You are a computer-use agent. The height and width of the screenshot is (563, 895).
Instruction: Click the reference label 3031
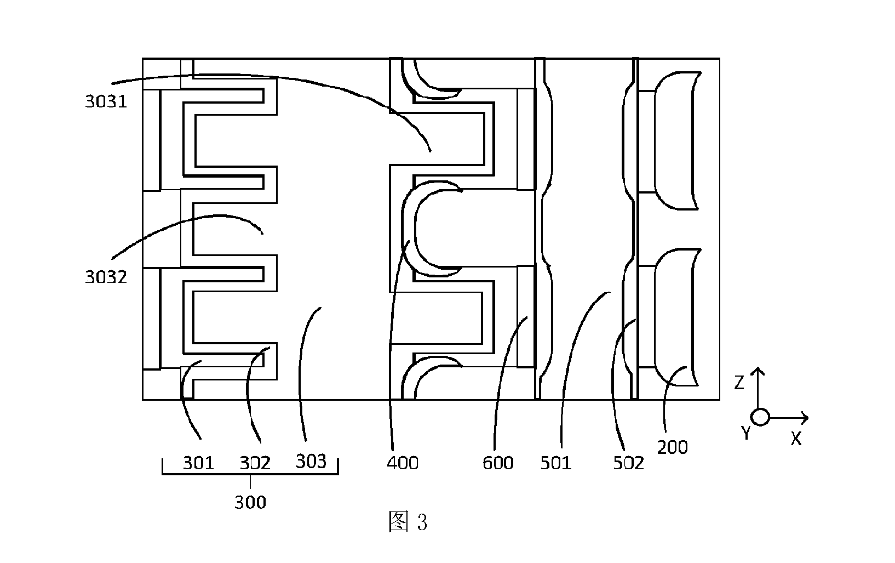point(106,101)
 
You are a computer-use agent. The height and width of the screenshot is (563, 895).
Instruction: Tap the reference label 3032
point(106,277)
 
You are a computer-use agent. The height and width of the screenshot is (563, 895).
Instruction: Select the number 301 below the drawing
point(199,463)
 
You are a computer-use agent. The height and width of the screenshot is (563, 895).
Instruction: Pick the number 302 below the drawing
point(255,463)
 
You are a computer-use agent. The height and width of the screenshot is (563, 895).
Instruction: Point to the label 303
point(311,462)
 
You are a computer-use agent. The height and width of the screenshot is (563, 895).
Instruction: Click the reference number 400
point(403,463)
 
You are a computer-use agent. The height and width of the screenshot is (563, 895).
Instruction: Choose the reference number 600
point(498,463)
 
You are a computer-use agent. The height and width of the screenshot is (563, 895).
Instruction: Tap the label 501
point(556,463)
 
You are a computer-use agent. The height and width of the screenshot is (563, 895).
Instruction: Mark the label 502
point(628,463)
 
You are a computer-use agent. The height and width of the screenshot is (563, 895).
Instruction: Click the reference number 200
point(673,447)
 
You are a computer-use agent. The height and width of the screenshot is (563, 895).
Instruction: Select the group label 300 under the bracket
point(250,502)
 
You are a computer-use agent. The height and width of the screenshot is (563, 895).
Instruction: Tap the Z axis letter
point(739,383)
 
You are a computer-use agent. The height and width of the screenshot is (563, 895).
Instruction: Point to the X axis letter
point(796,439)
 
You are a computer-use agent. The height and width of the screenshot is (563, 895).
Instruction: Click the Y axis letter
point(746,433)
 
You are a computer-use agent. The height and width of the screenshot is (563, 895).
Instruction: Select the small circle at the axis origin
point(760,417)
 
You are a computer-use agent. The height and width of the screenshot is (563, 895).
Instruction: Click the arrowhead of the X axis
point(806,418)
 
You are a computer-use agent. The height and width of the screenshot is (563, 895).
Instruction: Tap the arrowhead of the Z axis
point(758,370)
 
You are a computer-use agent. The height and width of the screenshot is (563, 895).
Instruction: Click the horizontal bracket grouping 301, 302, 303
point(250,474)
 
